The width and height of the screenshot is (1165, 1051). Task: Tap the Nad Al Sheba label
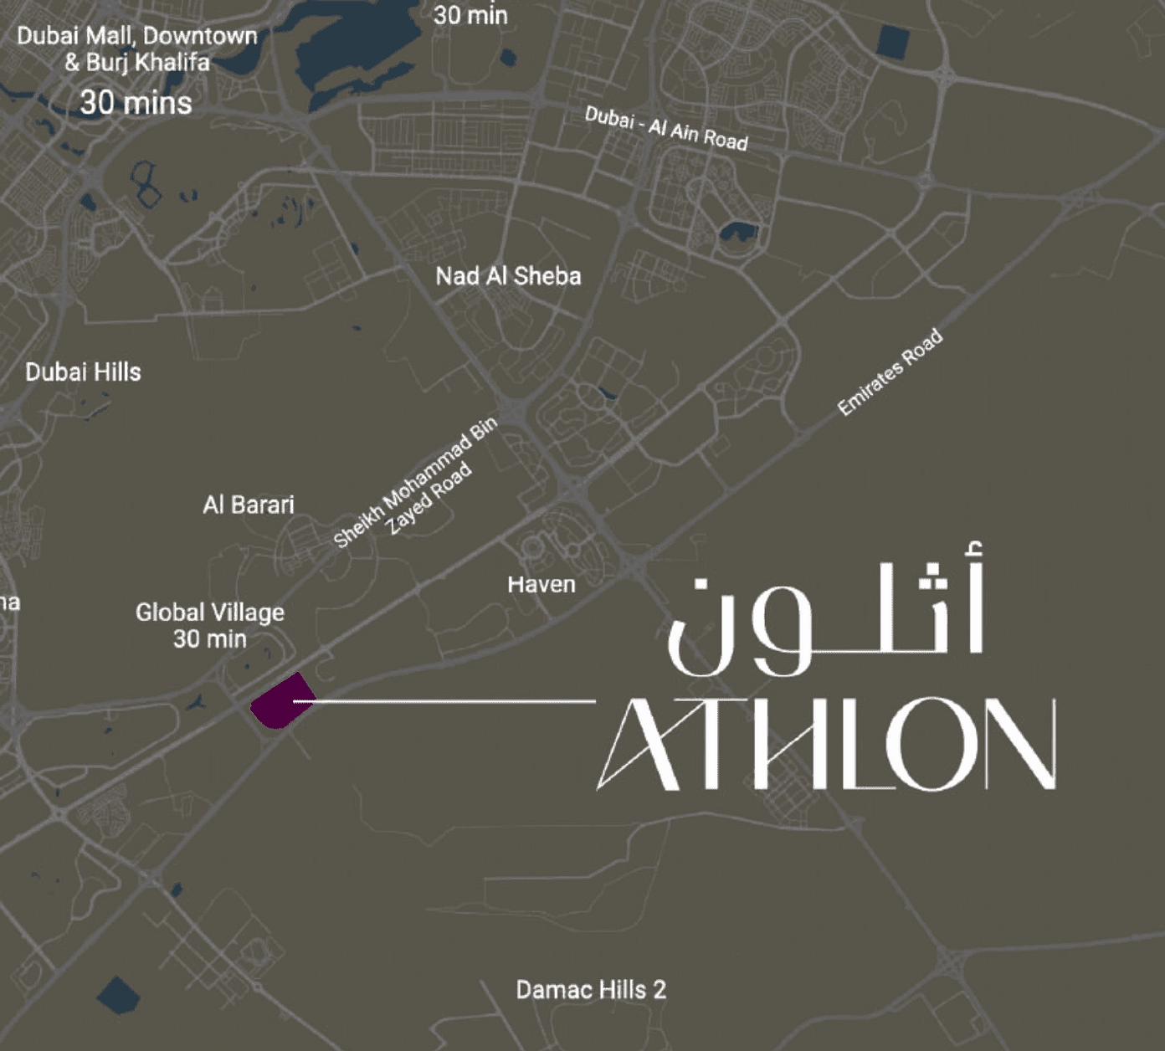click(x=508, y=276)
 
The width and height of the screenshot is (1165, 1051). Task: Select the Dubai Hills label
click(x=83, y=372)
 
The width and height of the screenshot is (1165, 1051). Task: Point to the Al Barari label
click(x=249, y=505)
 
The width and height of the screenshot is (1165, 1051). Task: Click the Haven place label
click(x=541, y=584)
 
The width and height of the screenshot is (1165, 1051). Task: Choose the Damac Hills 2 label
click(x=591, y=990)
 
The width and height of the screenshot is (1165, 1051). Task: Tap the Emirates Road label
click(x=890, y=372)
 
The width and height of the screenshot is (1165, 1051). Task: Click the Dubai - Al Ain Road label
click(x=666, y=128)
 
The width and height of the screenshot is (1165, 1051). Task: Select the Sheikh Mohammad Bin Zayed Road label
click(x=416, y=484)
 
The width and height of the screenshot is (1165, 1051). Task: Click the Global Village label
click(x=210, y=613)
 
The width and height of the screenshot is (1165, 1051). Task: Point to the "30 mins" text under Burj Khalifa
click(x=136, y=103)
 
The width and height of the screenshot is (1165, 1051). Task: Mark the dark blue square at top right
click(x=892, y=42)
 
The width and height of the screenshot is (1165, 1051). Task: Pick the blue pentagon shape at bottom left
click(x=118, y=995)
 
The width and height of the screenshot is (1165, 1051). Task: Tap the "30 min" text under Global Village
click(x=210, y=639)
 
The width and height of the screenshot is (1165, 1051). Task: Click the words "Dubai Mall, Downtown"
click(x=137, y=36)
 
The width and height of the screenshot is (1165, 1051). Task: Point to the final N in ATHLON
click(x=1020, y=744)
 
